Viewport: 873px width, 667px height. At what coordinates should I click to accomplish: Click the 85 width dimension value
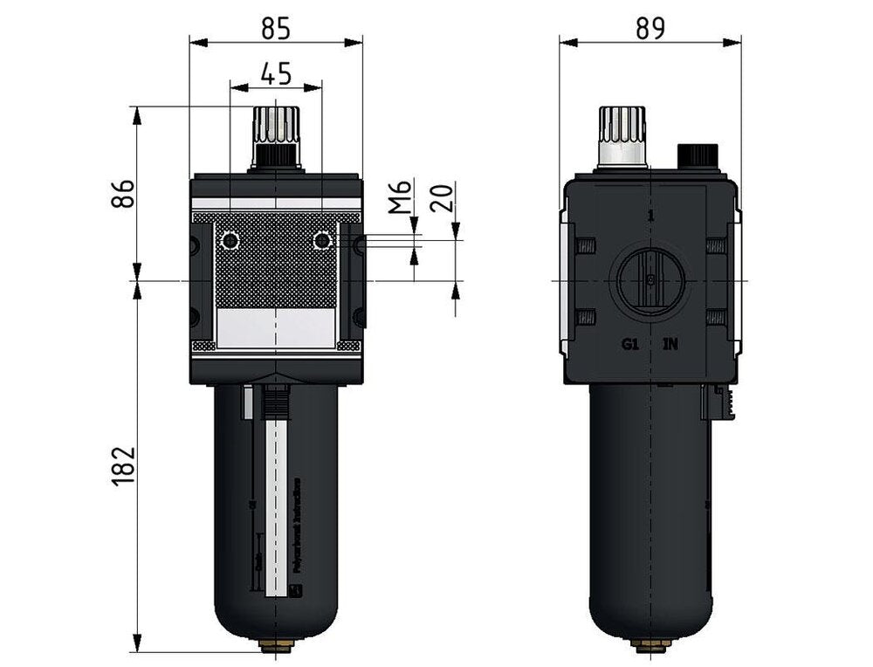coord(276,30)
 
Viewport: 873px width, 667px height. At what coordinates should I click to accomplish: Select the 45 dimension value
coord(276,75)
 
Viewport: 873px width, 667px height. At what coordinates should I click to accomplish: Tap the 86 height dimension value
coord(124,194)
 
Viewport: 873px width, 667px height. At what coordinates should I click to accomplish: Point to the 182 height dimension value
coord(124,466)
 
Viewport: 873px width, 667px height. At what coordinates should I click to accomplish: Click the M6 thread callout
coord(398,198)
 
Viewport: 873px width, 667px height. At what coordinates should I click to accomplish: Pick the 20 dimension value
coord(443,198)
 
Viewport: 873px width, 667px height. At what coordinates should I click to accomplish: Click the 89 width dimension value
coord(650,29)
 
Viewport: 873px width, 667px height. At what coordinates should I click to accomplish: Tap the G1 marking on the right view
coord(631,344)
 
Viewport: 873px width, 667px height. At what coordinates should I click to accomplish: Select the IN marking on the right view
coord(670,344)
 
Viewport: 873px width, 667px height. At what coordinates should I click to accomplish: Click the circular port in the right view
coord(650,280)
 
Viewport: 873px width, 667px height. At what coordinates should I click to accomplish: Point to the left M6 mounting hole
coord(230,240)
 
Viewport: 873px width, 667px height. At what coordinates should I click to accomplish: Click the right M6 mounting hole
coord(322,240)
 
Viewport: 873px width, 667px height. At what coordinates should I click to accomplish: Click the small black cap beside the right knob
coord(698,155)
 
